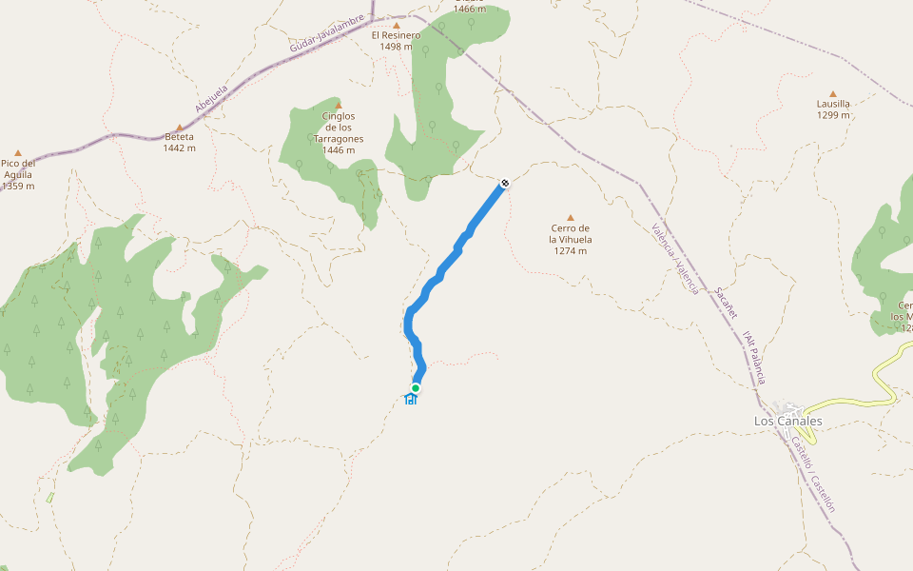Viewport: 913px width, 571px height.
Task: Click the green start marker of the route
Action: (416, 388)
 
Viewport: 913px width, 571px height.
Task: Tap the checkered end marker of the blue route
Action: (504, 183)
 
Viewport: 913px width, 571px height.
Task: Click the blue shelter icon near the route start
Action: (411, 399)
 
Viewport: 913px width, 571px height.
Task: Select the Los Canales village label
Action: (787, 421)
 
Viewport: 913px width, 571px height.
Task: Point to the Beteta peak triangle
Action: (179, 127)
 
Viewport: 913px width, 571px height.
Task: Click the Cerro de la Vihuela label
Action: (571, 233)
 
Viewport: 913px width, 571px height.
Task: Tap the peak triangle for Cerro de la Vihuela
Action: (571, 217)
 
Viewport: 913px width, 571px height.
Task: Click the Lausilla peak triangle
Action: (833, 94)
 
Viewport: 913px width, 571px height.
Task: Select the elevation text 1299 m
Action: (833, 115)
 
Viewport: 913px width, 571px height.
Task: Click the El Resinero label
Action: (396, 35)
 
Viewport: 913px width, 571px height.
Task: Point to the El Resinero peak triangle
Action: (397, 26)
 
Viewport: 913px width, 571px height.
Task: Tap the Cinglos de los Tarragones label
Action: (339, 128)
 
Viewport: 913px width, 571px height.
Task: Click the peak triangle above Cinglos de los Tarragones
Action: (339, 105)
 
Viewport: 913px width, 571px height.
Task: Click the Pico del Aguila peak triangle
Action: (17, 152)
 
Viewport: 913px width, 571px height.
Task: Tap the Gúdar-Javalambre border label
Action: (328, 33)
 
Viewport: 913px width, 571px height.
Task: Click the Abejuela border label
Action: (212, 99)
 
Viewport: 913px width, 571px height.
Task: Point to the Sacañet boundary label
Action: (726, 302)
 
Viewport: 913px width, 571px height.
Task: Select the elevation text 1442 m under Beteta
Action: (179, 148)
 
